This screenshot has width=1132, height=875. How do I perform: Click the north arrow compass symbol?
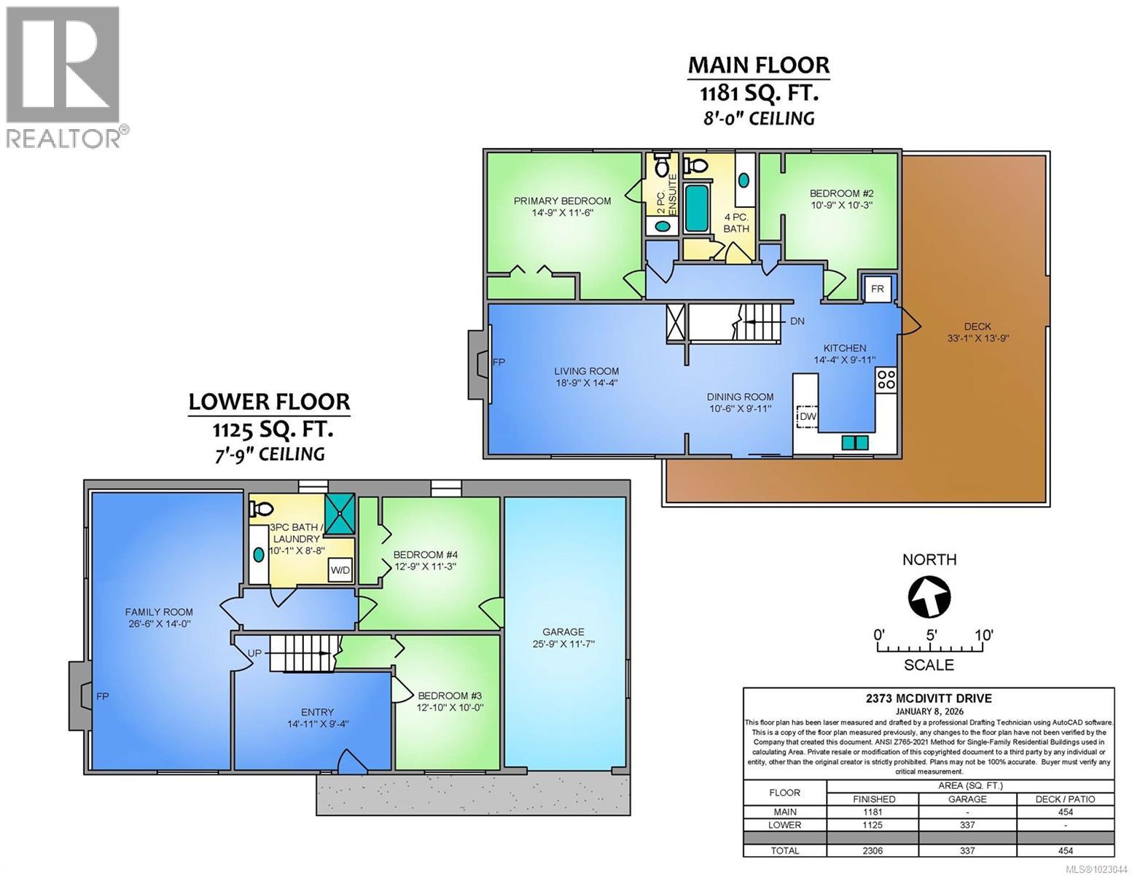[x=929, y=596]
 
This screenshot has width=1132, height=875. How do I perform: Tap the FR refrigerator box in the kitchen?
[x=877, y=289]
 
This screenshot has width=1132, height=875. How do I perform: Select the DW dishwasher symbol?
[x=807, y=416]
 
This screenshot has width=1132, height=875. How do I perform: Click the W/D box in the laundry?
[x=340, y=569]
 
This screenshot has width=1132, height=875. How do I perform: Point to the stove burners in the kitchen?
[x=886, y=379]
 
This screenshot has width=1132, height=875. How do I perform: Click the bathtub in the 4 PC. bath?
[x=698, y=207]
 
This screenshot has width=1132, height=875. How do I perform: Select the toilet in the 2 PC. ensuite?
[x=662, y=165]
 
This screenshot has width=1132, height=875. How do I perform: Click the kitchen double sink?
[x=855, y=442]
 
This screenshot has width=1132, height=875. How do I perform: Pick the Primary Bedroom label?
[x=562, y=201]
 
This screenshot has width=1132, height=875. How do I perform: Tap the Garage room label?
[x=563, y=631]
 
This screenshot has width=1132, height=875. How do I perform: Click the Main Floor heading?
[x=759, y=65]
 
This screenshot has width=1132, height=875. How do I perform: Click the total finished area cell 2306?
[x=873, y=850]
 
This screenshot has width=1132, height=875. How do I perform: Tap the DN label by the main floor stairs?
[x=797, y=321]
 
